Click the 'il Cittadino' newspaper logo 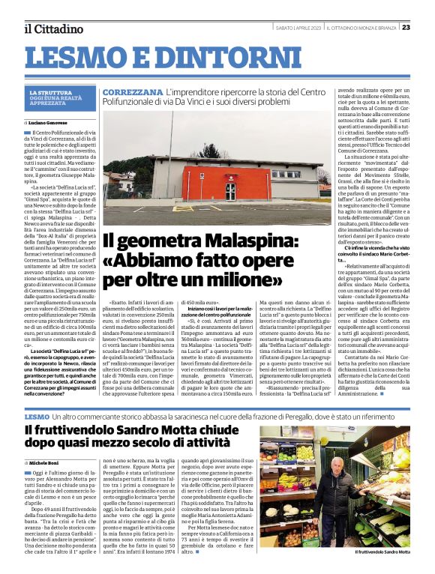52,28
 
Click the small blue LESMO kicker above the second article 37,415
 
